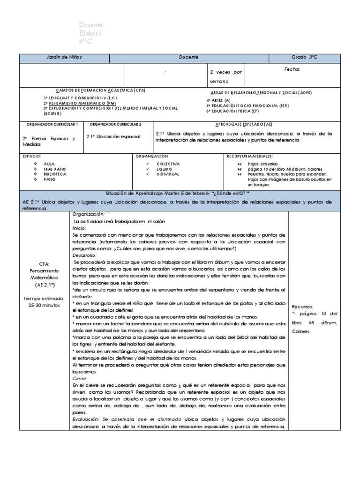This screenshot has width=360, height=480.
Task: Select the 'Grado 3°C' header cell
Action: click(304, 57)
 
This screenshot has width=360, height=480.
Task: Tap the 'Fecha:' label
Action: click(292, 69)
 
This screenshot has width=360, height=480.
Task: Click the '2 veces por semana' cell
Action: click(226, 76)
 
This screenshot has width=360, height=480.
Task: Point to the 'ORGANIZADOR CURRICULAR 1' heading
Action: click(51, 124)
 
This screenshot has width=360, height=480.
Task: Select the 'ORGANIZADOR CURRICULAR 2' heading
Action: click(115, 124)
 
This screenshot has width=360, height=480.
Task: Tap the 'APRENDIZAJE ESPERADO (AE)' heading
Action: click(244, 124)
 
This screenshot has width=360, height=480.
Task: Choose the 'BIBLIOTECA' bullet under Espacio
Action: click(55, 173)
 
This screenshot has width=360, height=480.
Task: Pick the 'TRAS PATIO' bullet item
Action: click(55, 168)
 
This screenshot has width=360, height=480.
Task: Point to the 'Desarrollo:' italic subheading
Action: click(84, 255)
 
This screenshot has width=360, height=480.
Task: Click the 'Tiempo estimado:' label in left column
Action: click(45, 298)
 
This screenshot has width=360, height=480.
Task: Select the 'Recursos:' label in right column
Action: click(303, 306)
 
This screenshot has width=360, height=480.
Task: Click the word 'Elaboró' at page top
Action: click(91, 33)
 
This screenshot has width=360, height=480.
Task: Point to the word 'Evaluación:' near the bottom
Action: click(87, 419)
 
